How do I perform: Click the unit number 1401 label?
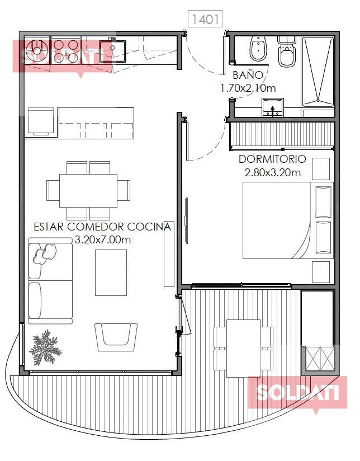click(205, 19)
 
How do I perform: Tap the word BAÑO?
click(248, 75)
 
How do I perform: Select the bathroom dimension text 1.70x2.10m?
click(248, 88)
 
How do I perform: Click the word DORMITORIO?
click(272, 159)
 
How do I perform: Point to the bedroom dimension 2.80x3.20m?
click(273, 172)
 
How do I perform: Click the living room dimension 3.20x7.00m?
click(102, 239)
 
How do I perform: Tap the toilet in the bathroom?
click(287, 51)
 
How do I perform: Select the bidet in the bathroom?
click(258, 49)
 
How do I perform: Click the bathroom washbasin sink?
click(273, 107)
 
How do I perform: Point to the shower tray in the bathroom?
click(318, 71)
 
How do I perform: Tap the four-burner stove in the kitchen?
click(65, 50)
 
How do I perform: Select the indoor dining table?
click(88, 191)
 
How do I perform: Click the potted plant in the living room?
click(45, 347)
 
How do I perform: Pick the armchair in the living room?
click(116, 337)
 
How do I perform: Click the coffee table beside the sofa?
click(111, 272)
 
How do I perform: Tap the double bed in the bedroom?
click(288, 220)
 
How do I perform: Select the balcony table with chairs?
click(243, 349)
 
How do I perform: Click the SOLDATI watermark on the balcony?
click(297, 393)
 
